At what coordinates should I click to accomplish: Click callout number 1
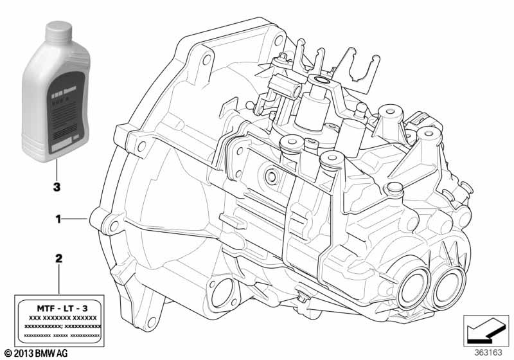click(x=58, y=219)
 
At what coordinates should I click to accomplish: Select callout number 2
click(x=58, y=259)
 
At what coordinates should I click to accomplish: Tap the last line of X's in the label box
click(x=63, y=335)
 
